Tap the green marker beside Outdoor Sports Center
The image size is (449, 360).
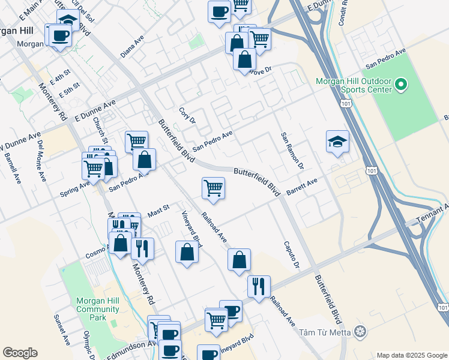pos(401,85)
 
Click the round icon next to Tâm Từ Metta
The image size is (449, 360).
pos(360,332)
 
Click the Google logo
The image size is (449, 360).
pos(20,353)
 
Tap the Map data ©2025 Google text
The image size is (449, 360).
pos(412,355)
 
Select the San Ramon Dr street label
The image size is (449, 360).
pos(292,150)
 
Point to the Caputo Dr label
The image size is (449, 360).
pos(291,254)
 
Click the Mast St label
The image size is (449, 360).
pos(159,211)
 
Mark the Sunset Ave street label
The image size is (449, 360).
pos(62,329)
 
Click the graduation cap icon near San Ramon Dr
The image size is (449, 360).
pos(337,142)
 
